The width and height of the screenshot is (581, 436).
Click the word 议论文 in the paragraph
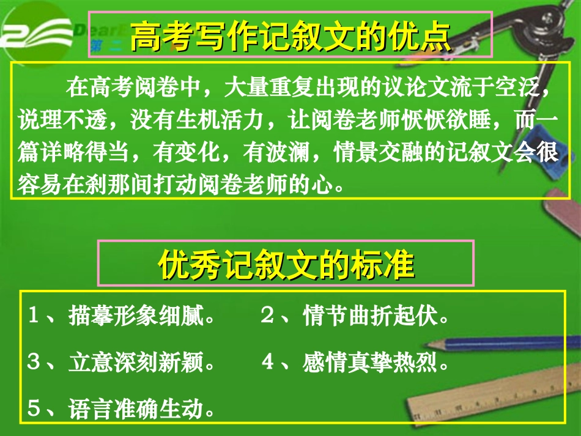[407, 88]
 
